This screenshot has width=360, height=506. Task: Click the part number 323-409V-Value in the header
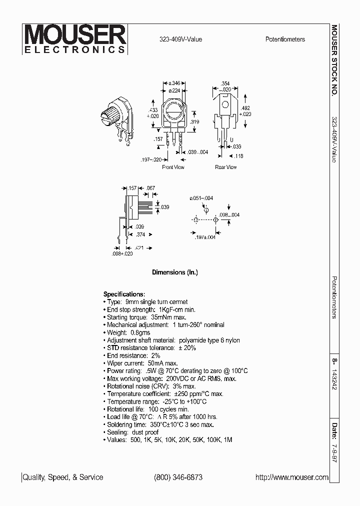(180, 39)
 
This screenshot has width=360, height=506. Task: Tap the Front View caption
(173, 167)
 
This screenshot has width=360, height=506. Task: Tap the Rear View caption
(225, 167)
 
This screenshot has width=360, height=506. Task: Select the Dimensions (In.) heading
(175, 272)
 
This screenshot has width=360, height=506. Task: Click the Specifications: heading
(124, 294)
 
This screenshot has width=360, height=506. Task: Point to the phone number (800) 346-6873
(178, 477)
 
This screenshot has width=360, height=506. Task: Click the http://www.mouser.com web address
(292, 477)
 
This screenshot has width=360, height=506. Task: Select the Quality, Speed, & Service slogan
(63, 477)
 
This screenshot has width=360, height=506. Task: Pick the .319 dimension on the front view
(195, 121)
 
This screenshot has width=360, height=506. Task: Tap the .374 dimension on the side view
(140, 234)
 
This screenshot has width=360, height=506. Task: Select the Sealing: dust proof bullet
(132, 432)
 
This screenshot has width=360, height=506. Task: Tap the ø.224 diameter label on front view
(174, 90)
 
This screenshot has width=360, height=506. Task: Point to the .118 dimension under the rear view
(238, 156)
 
